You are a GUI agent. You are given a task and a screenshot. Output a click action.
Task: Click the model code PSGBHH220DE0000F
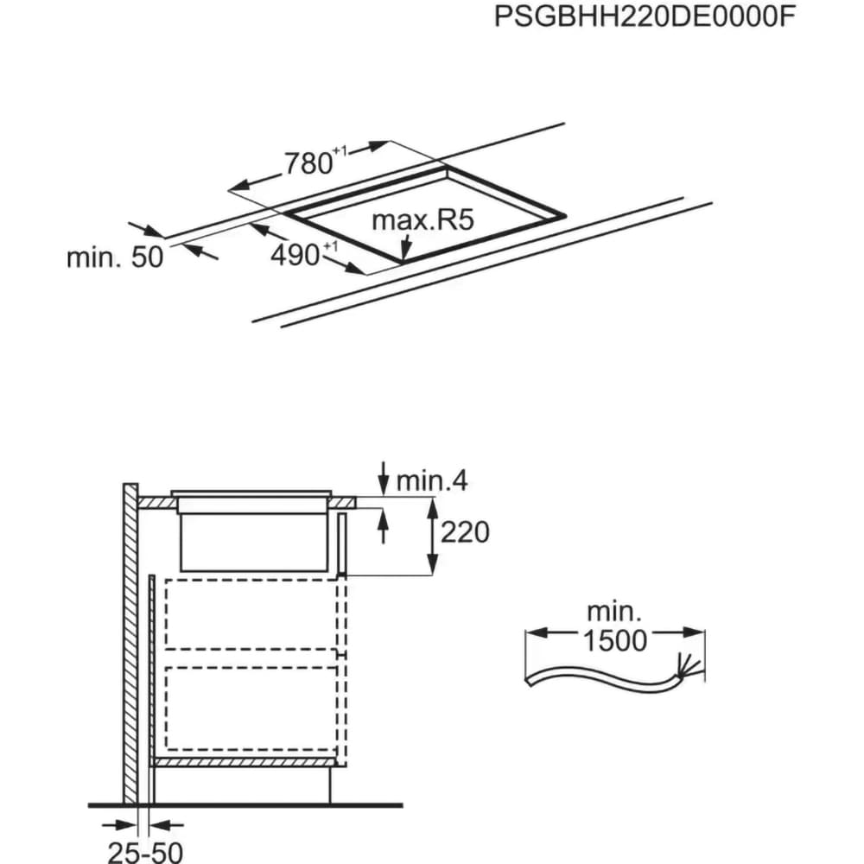point(645,16)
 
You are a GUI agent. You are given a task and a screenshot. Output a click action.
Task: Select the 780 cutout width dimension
point(308,163)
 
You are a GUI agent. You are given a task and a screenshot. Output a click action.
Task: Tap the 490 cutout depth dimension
point(295,255)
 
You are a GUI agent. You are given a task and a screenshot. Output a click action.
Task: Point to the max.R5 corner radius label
point(422,219)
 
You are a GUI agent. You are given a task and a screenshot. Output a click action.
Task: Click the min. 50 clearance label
point(115,257)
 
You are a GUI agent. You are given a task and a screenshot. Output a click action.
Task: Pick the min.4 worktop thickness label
point(431,480)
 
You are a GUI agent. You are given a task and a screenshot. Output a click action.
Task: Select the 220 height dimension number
point(465,532)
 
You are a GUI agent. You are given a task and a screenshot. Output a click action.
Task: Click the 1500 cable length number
point(614,640)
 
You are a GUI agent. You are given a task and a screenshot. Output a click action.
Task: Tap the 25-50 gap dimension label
point(145,852)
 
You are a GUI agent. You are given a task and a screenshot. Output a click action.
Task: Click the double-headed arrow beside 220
point(433,536)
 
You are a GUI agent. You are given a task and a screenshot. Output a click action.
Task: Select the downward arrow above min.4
point(384,478)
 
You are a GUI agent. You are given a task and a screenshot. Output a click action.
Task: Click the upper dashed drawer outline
point(251,613)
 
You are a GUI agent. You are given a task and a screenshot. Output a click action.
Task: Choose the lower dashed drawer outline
point(251,708)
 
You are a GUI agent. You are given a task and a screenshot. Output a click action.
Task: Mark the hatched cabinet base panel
point(245,763)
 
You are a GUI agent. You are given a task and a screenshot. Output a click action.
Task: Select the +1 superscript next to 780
point(340,150)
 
